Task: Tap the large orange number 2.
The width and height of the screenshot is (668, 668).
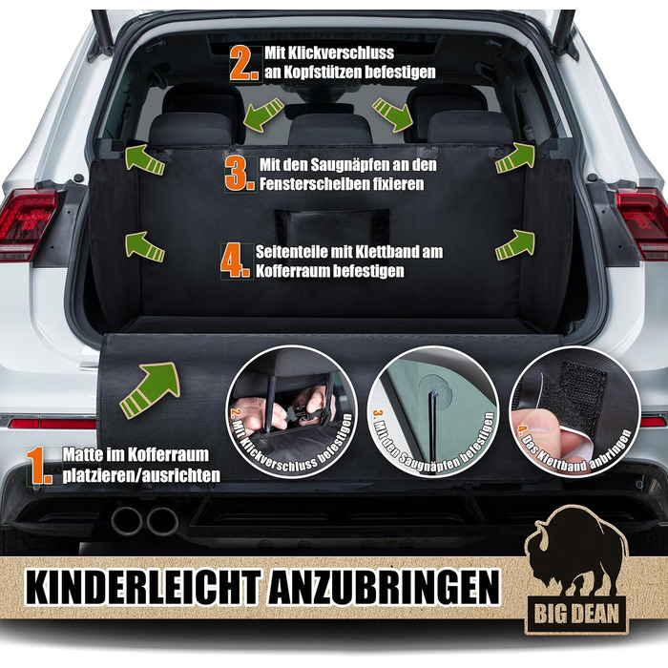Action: [244, 63]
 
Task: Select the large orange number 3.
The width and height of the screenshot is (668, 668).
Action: [240, 174]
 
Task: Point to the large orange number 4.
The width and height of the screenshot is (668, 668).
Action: [236, 261]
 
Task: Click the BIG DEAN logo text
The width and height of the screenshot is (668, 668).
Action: [576, 614]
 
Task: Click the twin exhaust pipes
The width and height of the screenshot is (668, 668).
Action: [144, 521]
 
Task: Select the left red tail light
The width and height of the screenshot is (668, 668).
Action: [27, 223]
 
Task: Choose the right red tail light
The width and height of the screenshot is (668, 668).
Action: [643, 222]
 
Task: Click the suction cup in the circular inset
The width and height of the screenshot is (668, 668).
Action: [431, 386]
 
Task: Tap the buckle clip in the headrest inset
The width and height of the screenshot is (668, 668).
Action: [304, 413]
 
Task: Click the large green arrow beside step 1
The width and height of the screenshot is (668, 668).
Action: [150, 389]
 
